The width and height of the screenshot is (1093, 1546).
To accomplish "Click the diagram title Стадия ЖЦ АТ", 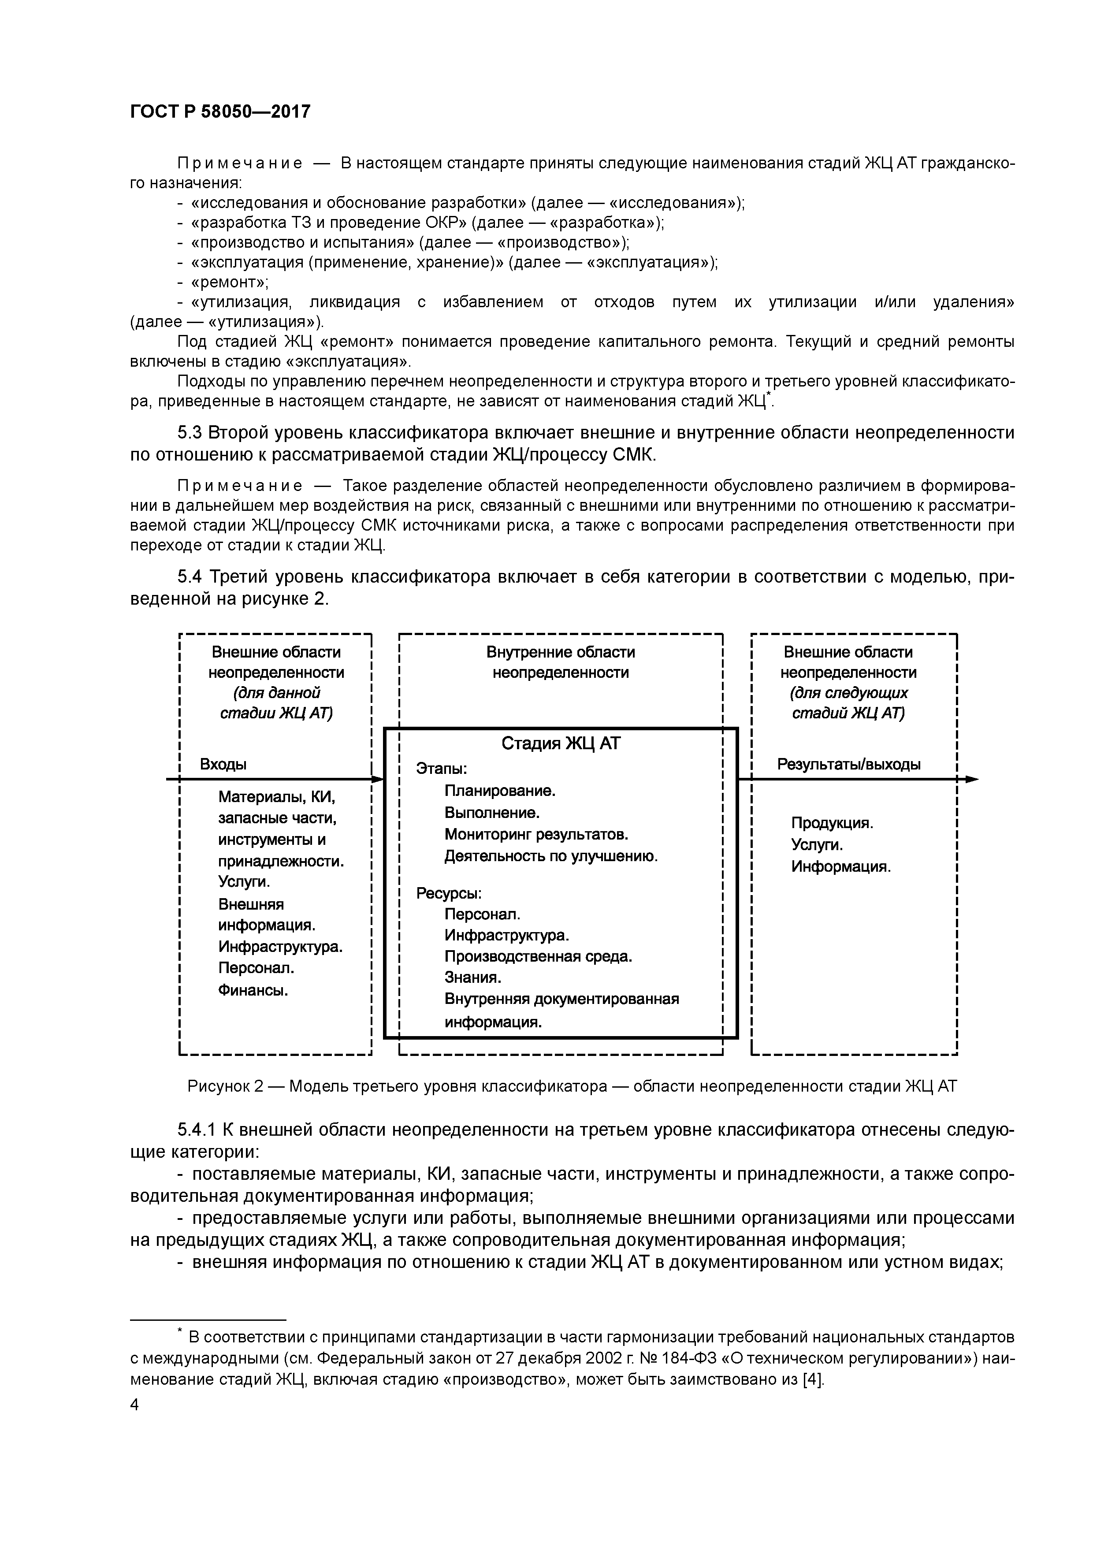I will coord(560,743).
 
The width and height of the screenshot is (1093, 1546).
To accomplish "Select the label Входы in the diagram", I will coord(223,764).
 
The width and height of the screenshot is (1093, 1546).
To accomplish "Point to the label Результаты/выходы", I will coord(848,764).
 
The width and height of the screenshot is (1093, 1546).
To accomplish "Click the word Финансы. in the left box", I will coord(253,991).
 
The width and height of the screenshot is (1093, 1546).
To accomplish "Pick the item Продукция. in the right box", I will coord(832,823).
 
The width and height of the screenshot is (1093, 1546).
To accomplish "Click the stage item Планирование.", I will coord(500,791).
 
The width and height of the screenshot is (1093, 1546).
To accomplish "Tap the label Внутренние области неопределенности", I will coord(560,662).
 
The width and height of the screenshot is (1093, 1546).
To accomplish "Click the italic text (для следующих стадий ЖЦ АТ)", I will coord(848,703).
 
